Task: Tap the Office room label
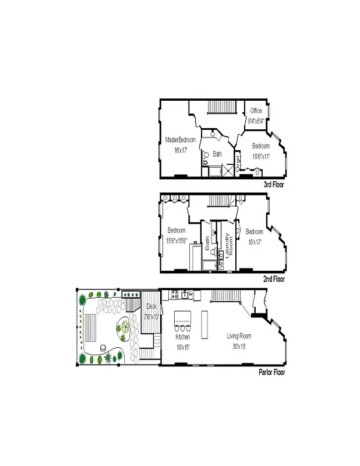coord(256,111)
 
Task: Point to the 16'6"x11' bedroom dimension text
coord(260,156)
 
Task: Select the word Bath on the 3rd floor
coord(217,154)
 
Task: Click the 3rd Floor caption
coord(274,184)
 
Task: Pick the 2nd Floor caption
coord(274,279)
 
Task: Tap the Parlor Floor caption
coord(271,372)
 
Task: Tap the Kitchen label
coord(183,337)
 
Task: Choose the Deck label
coord(151,306)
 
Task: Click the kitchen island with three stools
coord(183,319)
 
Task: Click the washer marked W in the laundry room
coord(222,263)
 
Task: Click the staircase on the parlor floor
coord(221,296)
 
